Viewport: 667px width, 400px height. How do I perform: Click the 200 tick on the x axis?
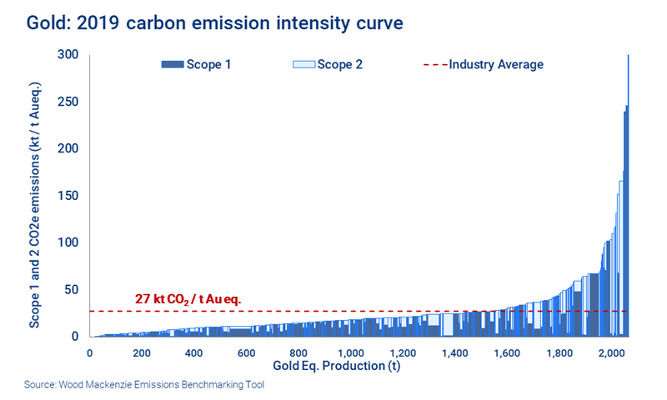[142, 352]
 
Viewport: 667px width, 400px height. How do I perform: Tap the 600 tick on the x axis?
[246, 352]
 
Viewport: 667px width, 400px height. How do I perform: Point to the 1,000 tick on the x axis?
[350, 352]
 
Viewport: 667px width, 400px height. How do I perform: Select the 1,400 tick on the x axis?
[454, 352]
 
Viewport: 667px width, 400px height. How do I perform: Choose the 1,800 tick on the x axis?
[559, 352]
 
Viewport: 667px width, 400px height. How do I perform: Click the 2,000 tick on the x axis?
[611, 352]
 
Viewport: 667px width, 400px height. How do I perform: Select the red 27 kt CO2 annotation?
[193, 298]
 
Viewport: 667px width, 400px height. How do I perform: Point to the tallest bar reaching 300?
[628, 125]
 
